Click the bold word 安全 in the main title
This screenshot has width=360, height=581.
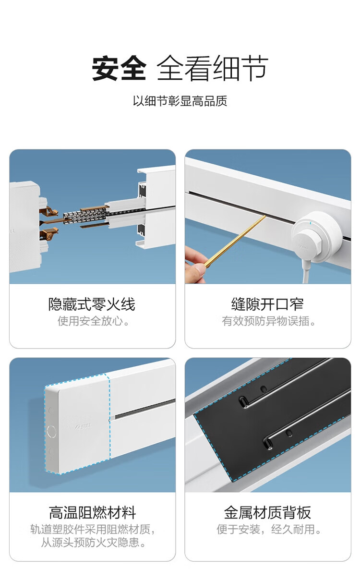[119, 69]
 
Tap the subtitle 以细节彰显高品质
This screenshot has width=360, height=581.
[180, 101]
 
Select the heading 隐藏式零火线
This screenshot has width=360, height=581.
[92, 304]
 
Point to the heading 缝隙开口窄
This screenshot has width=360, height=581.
[267, 304]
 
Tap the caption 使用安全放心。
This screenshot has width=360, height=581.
[94, 321]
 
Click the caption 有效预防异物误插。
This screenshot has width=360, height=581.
[269, 321]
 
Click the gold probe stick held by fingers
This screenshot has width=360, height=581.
[235, 241]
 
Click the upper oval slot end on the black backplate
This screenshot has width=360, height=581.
[243, 402]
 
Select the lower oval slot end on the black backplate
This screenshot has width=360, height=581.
[268, 444]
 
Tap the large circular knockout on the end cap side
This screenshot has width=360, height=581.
[51, 432]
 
